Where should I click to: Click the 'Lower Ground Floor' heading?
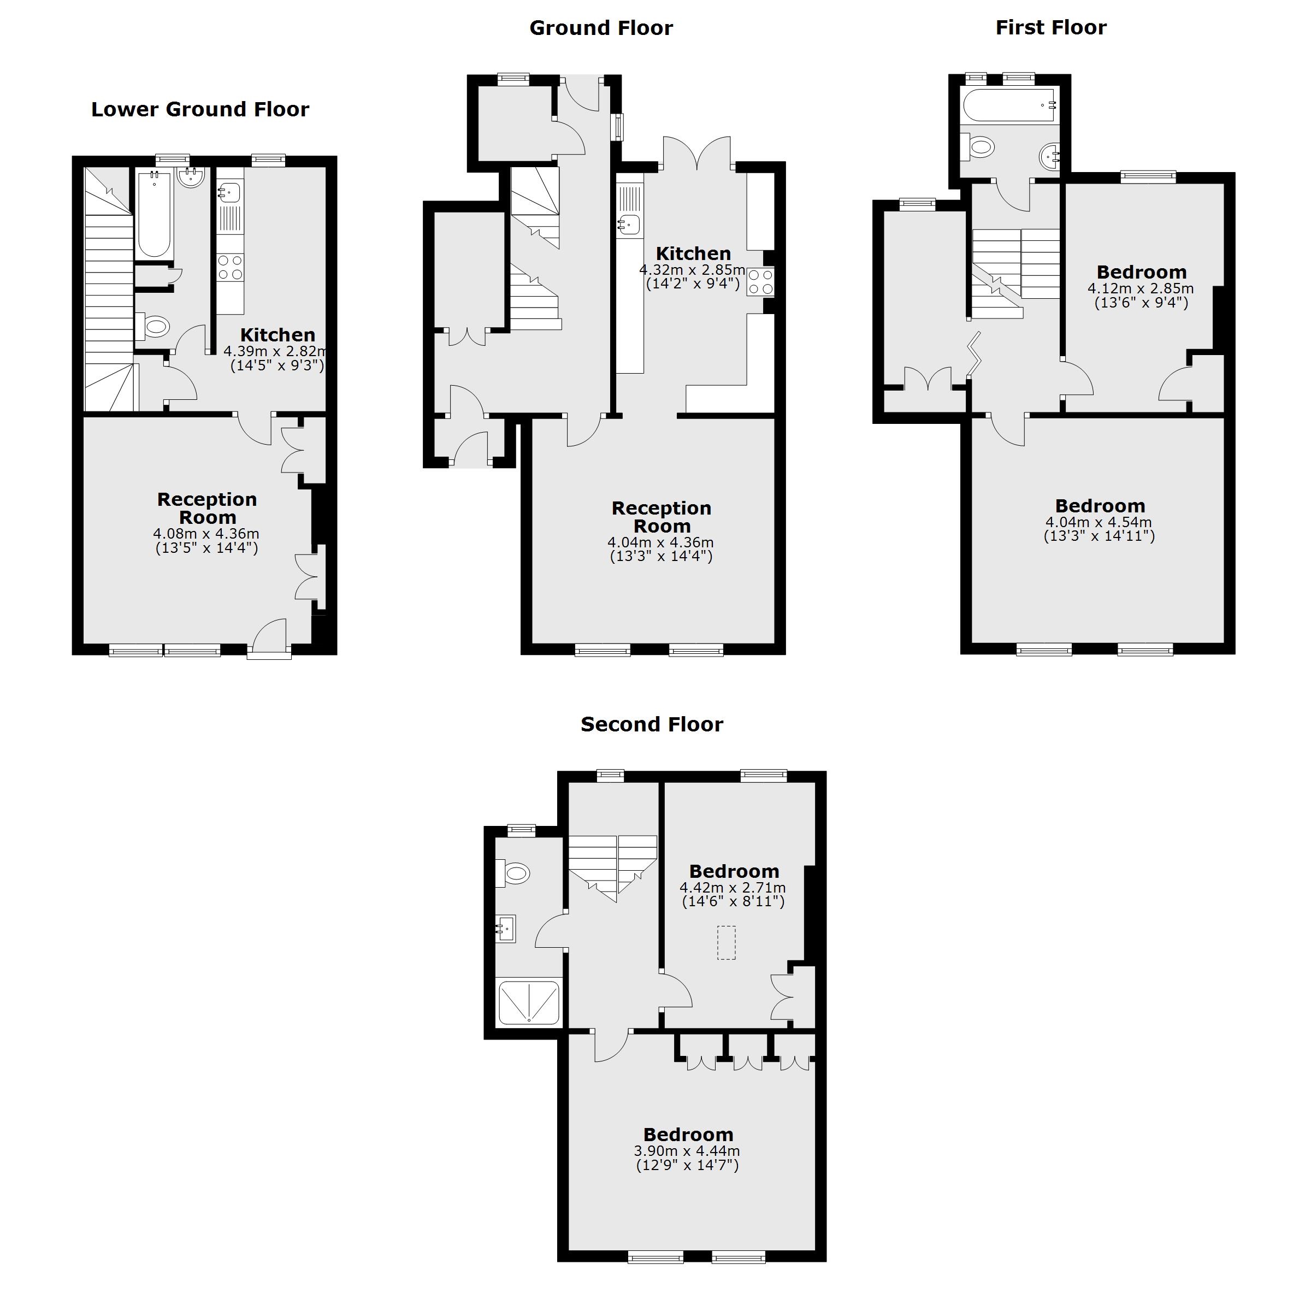tap(200, 109)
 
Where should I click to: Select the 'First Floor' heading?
tap(1050, 27)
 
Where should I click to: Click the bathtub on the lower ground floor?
tap(155, 214)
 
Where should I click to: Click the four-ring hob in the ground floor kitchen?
tap(760, 282)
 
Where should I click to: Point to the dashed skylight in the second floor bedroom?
tap(726, 942)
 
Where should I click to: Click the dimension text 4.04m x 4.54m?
tap(1099, 523)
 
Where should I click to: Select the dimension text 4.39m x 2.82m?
tap(275, 351)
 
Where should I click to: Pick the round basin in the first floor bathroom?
tap(1049, 157)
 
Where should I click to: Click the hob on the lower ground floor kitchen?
tap(230, 267)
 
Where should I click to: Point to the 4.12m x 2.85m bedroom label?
tap(1141, 272)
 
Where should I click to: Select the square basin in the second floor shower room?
tap(505, 928)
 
